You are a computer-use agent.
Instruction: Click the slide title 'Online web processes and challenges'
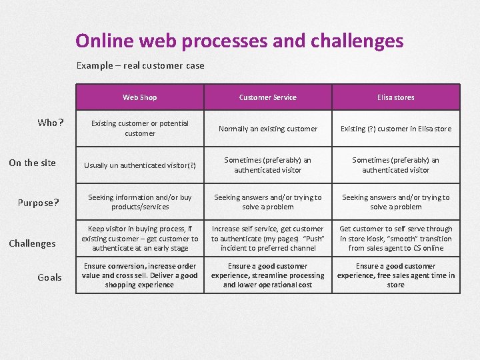[x=239, y=41]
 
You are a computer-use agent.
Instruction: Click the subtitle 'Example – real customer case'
[x=140, y=65]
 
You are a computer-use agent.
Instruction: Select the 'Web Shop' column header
[x=140, y=97]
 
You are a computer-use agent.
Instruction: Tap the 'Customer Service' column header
[x=267, y=97]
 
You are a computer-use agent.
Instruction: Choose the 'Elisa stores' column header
[x=395, y=97]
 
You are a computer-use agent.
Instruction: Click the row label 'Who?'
[x=51, y=123]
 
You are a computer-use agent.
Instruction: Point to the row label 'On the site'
[x=32, y=163]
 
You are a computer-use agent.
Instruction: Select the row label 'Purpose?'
[x=39, y=203]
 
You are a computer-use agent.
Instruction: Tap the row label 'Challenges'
[x=32, y=243]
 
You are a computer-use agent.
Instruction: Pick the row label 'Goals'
[x=49, y=277]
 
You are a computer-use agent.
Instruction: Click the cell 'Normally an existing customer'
[x=268, y=129]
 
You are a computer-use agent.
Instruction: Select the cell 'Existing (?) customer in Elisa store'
[x=395, y=129]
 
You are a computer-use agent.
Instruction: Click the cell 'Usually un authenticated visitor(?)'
[x=139, y=165]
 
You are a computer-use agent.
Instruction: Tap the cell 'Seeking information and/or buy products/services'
[x=140, y=202]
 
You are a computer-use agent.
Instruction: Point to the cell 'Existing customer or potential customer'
[x=140, y=128]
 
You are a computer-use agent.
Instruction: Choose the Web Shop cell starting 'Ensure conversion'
[x=140, y=275]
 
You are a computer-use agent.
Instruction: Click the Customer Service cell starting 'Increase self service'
[x=267, y=239]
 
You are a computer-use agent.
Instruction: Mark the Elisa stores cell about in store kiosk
[x=395, y=239]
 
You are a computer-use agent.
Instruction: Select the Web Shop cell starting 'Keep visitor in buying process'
[x=140, y=239]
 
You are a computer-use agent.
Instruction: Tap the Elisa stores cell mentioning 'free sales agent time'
[x=395, y=275]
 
